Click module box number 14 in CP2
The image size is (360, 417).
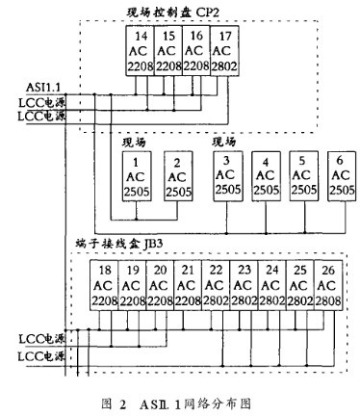(x=141, y=52)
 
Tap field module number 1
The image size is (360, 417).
(x=137, y=177)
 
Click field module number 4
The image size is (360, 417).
(x=264, y=176)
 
